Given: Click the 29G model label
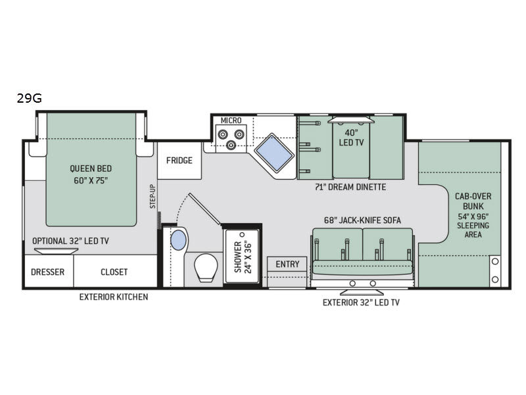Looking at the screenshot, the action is coord(30,98).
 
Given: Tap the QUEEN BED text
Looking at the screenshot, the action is coord(91,169).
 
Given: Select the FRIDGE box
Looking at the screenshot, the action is coord(179,161).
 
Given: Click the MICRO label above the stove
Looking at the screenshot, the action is coord(231,120).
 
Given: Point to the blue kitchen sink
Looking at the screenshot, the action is coord(274,153).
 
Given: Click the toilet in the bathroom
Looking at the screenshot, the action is coord(206,267).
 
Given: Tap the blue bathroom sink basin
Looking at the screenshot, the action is coord(178,240).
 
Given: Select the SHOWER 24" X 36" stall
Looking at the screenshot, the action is coord(242,257).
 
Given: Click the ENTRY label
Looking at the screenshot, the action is coord(287,265).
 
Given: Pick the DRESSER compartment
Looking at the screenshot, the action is coord(49,271).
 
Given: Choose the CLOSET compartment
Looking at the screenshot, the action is coord(115,271).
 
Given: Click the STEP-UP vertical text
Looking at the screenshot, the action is coord(153,196).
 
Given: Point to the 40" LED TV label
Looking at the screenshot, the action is coord(351,138).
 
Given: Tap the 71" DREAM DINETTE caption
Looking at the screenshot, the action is coord(350,187).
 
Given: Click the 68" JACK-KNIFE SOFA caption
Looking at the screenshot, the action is coord(362,221).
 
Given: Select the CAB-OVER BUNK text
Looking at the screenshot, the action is coord(473,201).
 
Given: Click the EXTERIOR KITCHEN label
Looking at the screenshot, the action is coord(114,297).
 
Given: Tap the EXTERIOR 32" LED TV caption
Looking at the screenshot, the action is coord(361,303).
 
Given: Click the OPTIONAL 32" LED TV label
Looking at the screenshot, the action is coord(70,241).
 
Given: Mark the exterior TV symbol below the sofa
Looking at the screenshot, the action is coord(362,292).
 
